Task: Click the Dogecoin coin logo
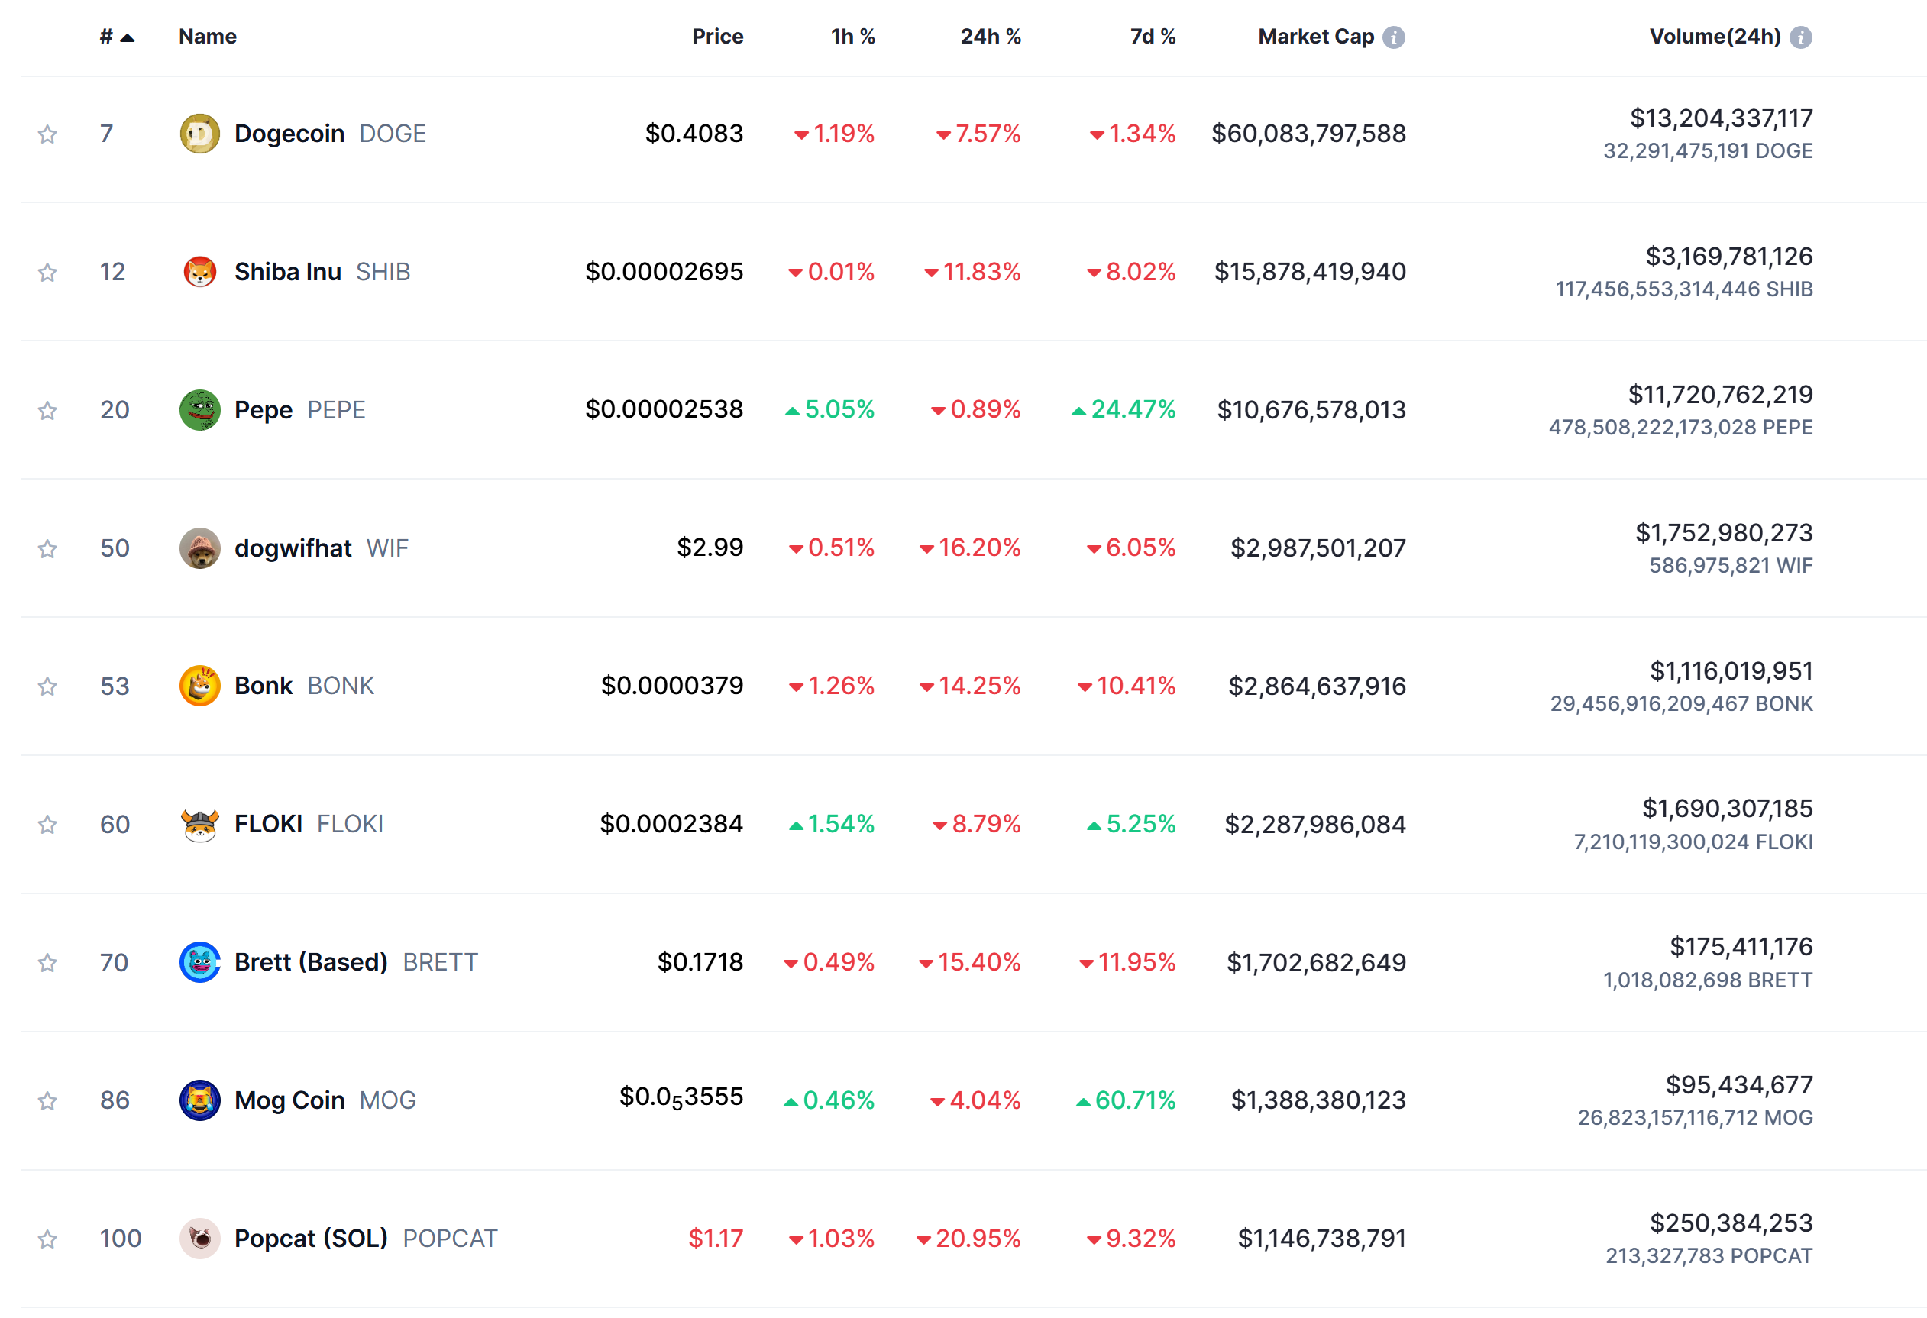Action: tap(199, 134)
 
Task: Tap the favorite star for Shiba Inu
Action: tap(47, 272)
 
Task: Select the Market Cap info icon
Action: tap(1394, 37)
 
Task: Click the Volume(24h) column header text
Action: tap(1714, 37)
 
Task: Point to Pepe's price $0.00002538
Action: tap(664, 409)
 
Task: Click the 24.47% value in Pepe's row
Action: tap(1133, 409)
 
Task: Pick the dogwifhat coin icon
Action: tap(199, 548)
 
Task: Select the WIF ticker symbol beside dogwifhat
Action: tap(387, 548)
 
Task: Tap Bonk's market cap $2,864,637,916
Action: tap(1317, 686)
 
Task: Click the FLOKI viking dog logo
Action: tap(199, 825)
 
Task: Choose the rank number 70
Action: tap(115, 962)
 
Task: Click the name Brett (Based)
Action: tap(311, 962)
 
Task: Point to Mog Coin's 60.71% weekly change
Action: tap(1134, 1101)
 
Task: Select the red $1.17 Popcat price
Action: tap(715, 1239)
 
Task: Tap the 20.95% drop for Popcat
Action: tap(978, 1239)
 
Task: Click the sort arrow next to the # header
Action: tap(127, 37)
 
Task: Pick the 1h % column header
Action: tap(852, 37)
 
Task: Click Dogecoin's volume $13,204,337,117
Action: tap(1721, 118)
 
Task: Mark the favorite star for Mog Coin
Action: tap(47, 1101)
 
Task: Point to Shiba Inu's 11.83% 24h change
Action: tap(981, 272)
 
